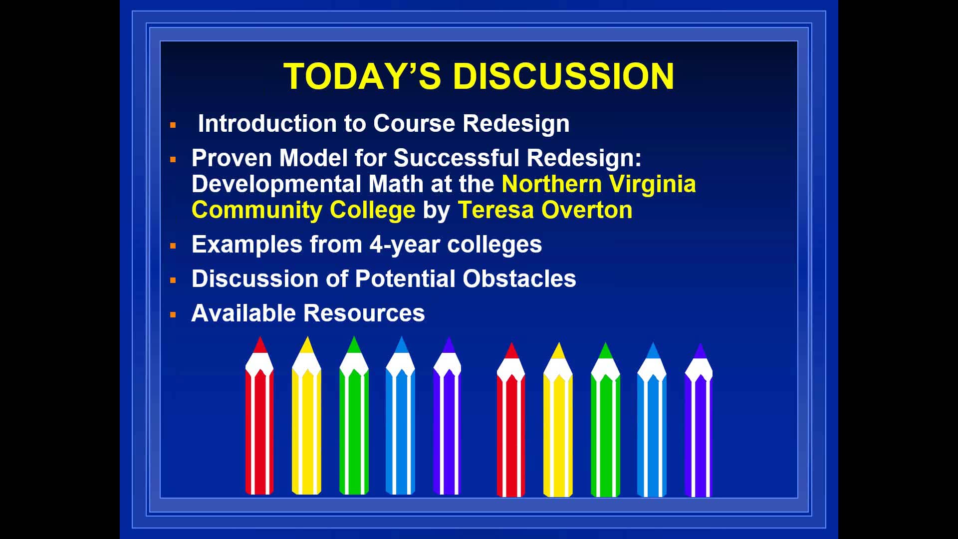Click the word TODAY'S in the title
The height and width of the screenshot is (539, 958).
click(362, 76)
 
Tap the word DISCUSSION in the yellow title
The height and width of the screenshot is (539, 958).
click(563, 76)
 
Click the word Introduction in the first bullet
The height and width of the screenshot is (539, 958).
click(267, 123)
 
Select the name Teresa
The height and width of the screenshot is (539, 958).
click(496, 210)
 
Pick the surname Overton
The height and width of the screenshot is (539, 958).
click(587, 210)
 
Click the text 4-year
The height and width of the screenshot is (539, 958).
click(405, 245)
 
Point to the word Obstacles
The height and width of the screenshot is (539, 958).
click(519, 278)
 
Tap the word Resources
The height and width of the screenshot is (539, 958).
click(364, 313)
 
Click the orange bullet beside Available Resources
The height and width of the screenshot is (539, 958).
click(173, 315)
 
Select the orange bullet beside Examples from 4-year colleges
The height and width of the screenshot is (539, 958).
click(173, 246)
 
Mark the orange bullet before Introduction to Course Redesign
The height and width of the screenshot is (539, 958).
click(173, 125)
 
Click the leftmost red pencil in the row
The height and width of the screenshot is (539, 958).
click(259, 415)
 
